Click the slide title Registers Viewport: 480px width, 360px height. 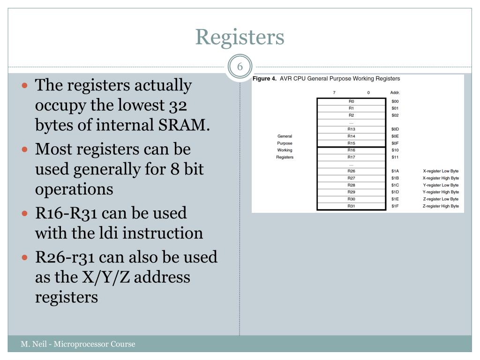240,37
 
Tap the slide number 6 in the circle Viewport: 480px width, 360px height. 240,67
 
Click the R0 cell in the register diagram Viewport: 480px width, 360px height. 351,101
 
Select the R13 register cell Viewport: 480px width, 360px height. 351,129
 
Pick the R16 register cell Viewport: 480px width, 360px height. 351,150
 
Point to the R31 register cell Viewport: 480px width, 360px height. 351,206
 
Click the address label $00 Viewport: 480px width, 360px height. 395,101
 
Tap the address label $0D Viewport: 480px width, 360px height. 395,129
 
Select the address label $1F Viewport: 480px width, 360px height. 395,206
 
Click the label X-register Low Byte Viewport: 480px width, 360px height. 441,171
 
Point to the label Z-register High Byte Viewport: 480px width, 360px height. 441,206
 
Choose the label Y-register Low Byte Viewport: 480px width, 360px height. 441,185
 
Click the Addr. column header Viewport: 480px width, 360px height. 395,92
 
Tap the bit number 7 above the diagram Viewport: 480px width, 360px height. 334,92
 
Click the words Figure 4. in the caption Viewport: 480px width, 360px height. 265,79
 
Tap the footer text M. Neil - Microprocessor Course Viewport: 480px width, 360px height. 78,345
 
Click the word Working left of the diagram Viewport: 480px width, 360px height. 285,150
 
